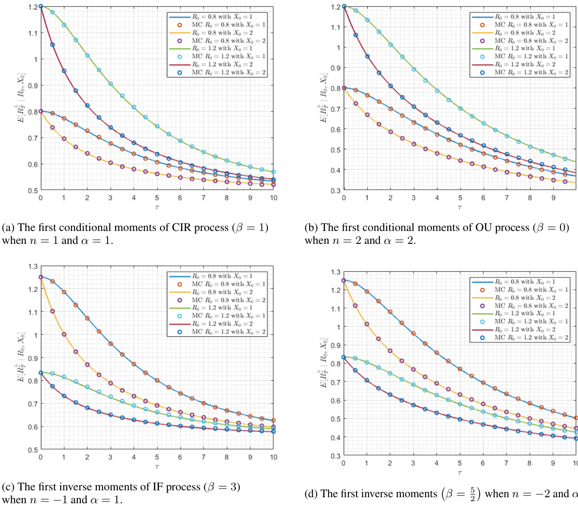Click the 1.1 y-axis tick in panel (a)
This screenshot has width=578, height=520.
click(33, 33)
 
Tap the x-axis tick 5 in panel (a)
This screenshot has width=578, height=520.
click(157, 198)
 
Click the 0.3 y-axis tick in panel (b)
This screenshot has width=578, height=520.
click(335, 191)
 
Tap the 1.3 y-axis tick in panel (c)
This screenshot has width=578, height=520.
click(33, 267)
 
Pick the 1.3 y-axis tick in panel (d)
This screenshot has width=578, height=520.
click(335, 272)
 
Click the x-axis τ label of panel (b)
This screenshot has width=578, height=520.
click(460, 208)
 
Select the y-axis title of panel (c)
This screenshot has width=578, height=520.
click(21, 357)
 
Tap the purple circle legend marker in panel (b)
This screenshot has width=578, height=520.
click(482, 41)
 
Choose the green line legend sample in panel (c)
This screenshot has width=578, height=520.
click(179, 308)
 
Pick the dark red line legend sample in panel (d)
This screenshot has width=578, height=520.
click(482, 330)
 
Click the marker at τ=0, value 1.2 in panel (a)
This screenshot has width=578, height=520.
click(41, 6)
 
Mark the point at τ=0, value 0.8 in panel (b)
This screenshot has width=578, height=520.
click(344, 88)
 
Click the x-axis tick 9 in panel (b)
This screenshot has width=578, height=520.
click(553, 198)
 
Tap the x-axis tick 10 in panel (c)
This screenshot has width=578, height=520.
click(274, 457)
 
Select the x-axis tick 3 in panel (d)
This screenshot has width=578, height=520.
click(413, 463)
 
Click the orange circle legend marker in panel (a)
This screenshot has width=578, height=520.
click(180, 25)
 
